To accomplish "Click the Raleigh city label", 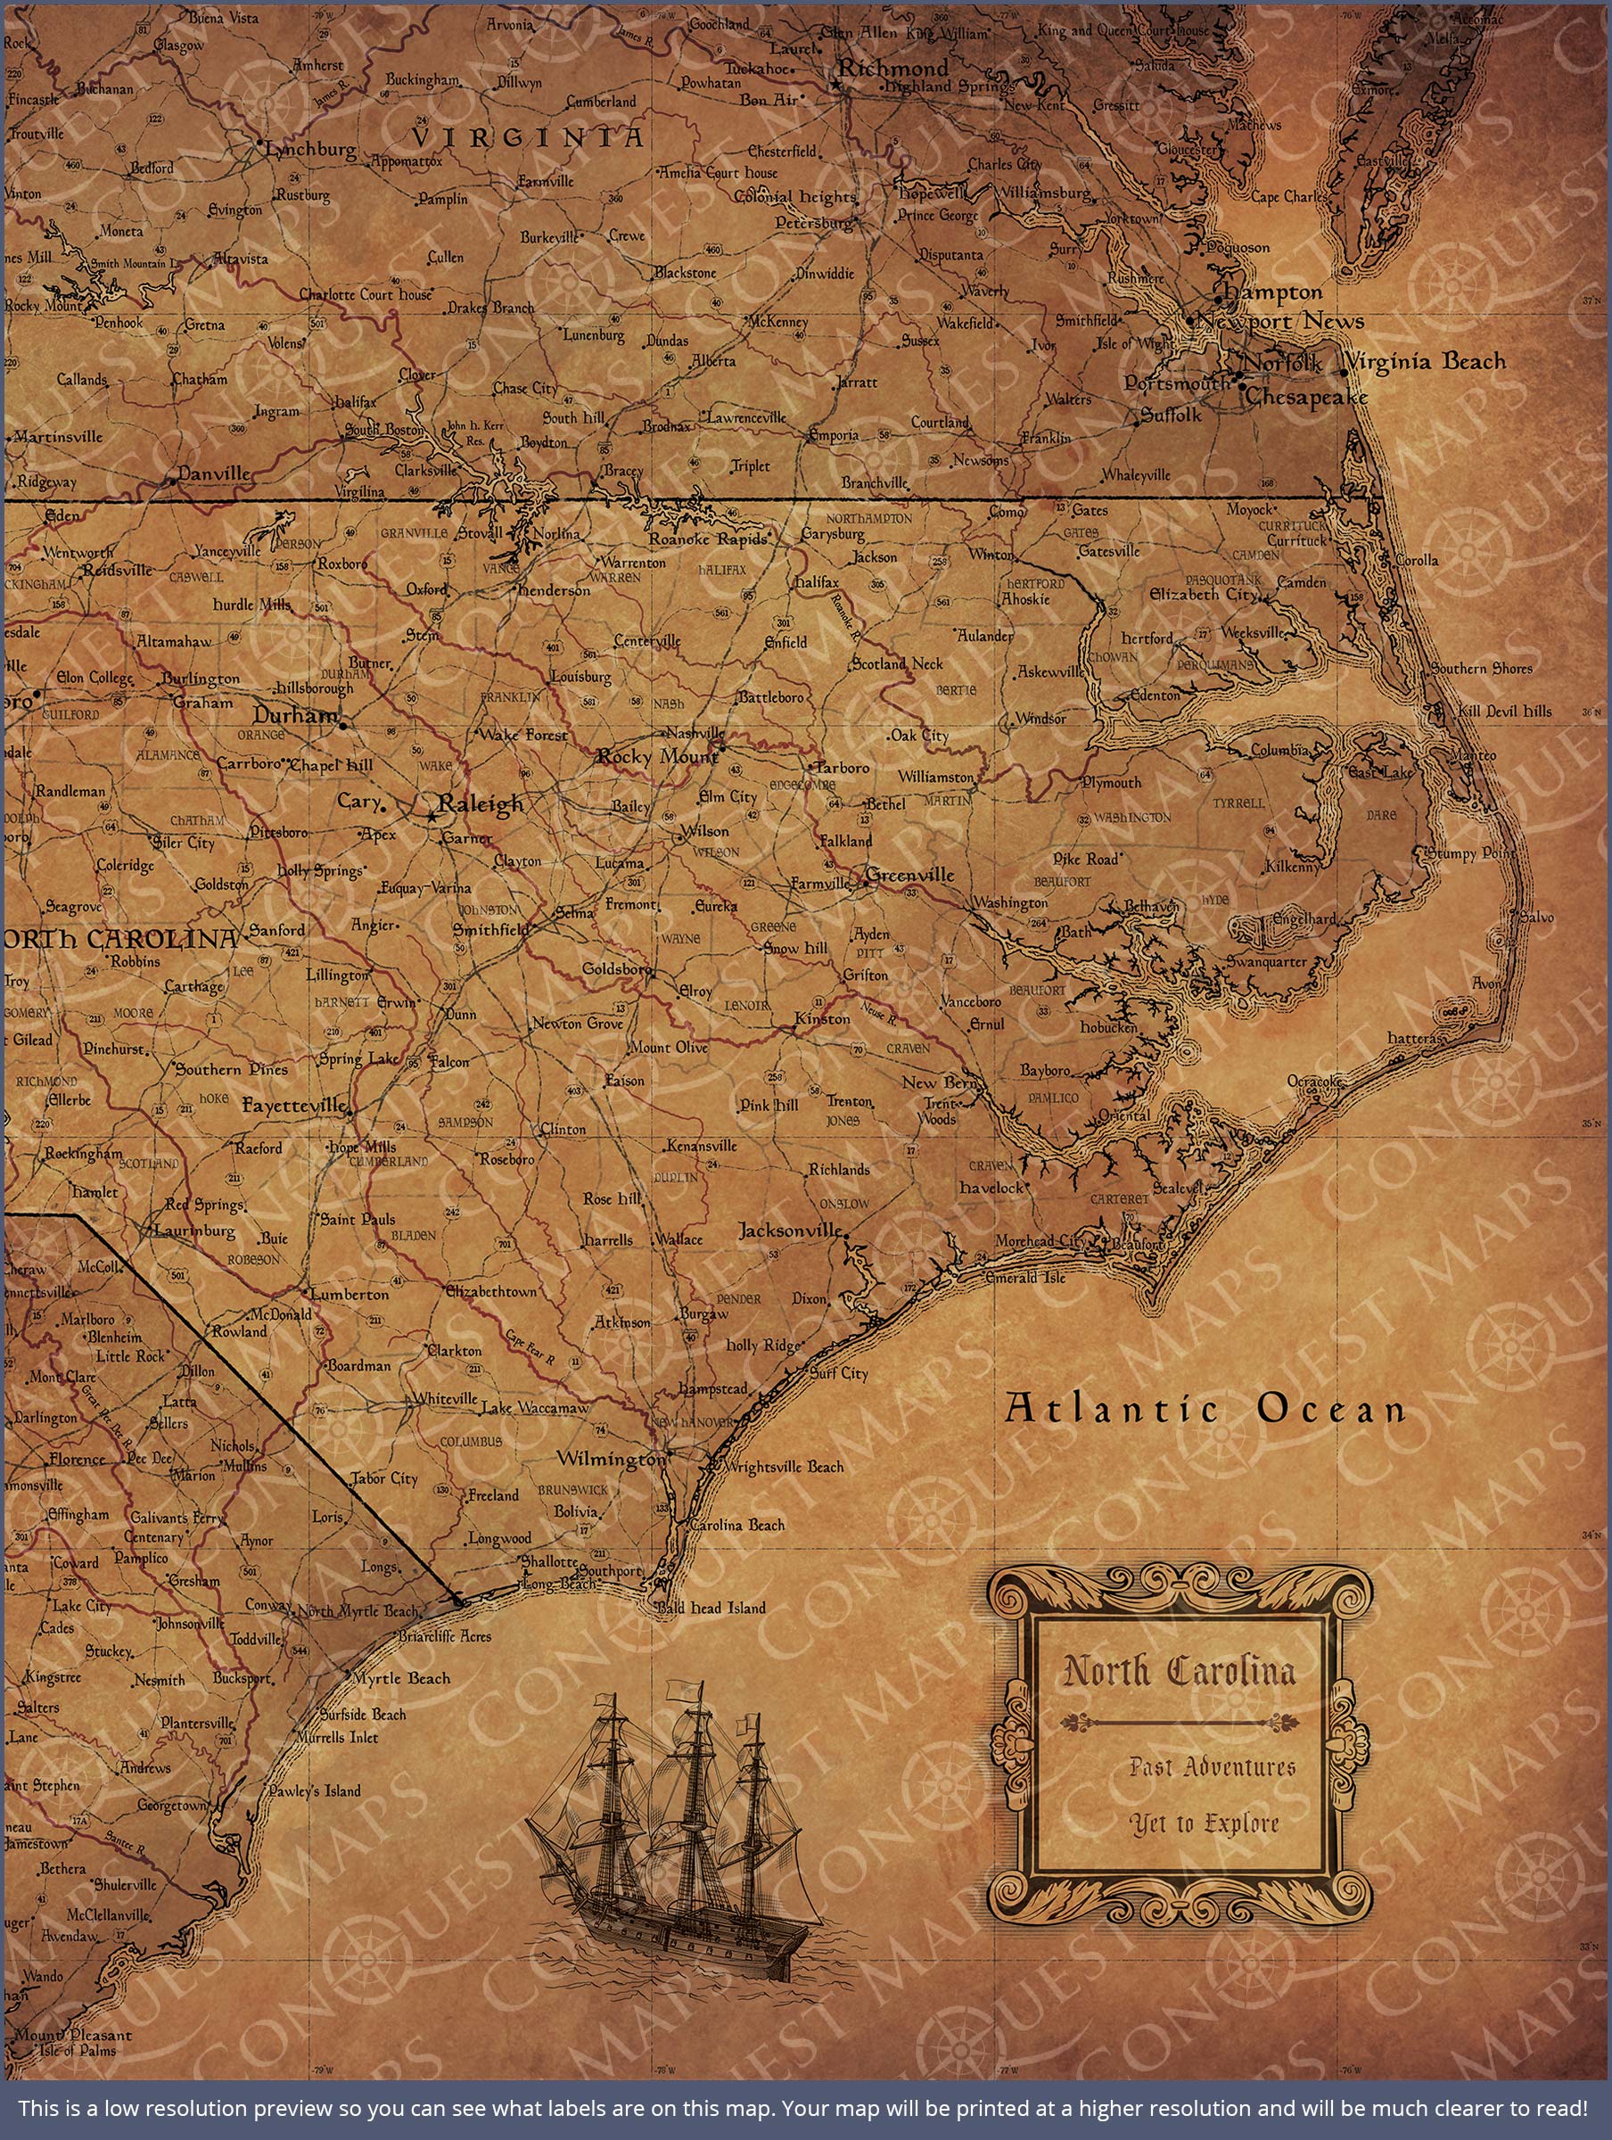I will click(x=480, y=804).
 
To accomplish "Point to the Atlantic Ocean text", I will click(x=1205, y=1409).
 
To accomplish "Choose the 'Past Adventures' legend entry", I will click(x=1212, y=1767).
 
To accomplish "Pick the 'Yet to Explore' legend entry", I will click(x=1205, y=1823).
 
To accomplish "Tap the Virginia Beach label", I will click(x=1427, y=362).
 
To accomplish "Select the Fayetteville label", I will click(x=294, y=1105).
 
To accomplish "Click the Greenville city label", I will click(x=909, y=876).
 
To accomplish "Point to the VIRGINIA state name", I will click(x=527, y=136).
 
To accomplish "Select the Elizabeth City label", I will click(x=1203, y=595).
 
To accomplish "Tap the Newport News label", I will click(x=1280, y=321).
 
